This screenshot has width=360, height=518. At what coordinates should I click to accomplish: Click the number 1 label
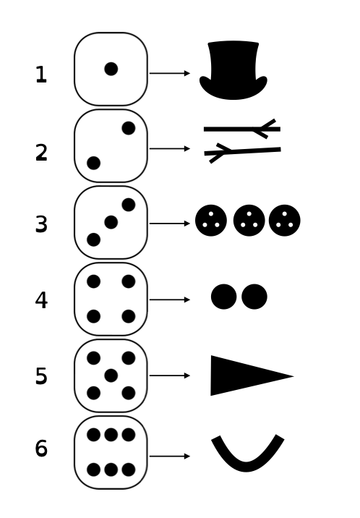click(x=41, y=75)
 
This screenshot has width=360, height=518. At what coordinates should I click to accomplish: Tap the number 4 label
click(x=41, y=300)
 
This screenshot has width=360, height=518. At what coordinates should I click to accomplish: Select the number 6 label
click(x=41, y=449)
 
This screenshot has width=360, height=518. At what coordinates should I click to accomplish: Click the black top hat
click(x=233, y=70)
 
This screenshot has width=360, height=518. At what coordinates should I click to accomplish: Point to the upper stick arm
click(x=242, y=129)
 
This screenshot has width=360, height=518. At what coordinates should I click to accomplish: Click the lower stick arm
click(x=242, y=152)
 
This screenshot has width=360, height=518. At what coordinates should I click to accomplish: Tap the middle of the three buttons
click(x=249, y=221)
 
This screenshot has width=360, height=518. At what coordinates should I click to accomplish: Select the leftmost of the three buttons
click(x=211, y=221)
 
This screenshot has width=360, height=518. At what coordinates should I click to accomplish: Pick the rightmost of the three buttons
click(x=284, y=221)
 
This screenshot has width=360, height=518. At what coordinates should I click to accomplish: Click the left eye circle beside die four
click(x=223, y=297)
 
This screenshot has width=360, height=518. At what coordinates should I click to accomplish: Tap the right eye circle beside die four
click(x=254, y=297)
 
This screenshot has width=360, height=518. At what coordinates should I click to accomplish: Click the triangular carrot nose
click(x=244, y=375)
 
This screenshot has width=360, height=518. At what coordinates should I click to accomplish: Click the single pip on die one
click(x=111, y=69)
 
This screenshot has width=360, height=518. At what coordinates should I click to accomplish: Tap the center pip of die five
click(x=111, y=375)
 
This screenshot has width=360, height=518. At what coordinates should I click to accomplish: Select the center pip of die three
click(x=111, y=222)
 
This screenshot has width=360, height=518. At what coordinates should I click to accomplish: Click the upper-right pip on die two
click(x=129, y=128)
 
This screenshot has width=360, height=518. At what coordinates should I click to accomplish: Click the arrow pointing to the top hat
click(x=170, y=73)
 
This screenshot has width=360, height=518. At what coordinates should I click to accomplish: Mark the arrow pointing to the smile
click(x=170, y=457)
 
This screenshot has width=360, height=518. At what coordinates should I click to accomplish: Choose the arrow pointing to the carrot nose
click(x=170, y=375)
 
